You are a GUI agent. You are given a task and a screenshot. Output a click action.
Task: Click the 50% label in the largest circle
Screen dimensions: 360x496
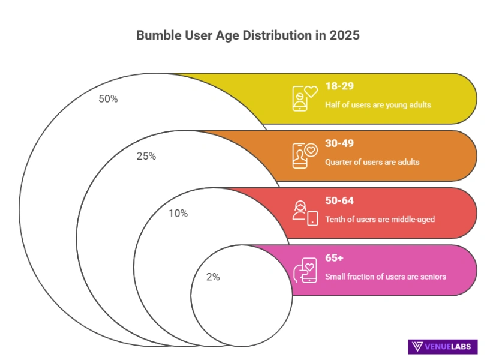click(x=108, y=99)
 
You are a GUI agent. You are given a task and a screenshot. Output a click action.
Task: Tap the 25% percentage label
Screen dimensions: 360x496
click(x=146, y=156)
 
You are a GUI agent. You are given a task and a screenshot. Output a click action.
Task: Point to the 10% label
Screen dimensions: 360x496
click(x=178, y=213)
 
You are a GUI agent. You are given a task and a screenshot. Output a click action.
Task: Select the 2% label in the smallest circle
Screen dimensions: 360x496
click(x=213, y=277)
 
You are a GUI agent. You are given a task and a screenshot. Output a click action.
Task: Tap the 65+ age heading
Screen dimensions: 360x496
click(x=333, y=258)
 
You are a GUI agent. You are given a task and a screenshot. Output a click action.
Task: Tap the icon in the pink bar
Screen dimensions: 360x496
click(x=305, y=270)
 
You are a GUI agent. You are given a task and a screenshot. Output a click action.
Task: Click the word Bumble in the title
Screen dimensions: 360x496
click(x=158, y=35)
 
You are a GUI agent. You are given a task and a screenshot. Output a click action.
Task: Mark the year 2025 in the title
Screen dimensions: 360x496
click(x=344, y=35)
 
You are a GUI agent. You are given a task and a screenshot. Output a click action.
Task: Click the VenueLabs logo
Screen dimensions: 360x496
click(x=443, y=346)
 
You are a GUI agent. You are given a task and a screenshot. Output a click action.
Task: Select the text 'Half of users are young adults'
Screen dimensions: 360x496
click(x=378, y=105)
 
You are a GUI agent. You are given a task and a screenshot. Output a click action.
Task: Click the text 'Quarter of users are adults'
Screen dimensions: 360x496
click(x=372, y=162)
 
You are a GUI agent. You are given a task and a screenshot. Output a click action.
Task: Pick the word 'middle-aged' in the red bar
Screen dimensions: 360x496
click(x=414, y=219)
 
